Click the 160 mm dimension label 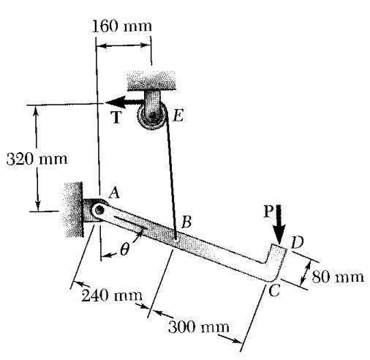(x=122, y=26)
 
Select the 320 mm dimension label (x=37, y=159)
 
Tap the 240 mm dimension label (x=112, y=296)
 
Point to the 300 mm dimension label (x=199, y=327)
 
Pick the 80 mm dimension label (x=338, y=277)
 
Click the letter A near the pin (x=114, y=194)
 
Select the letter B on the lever (x=186, y=222)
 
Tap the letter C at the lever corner (x=274, y=290)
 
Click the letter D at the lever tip (x=297, y=242)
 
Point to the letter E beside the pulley (x=178, y=116)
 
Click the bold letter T (x=116, y=117)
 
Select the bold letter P (x=268, y=211)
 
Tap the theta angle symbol (x=124, y=250)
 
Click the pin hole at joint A (x=99, y=210)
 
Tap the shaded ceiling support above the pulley (x=151, y=80)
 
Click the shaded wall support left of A (x=73, y=209)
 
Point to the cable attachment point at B (x=175, y=239)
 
